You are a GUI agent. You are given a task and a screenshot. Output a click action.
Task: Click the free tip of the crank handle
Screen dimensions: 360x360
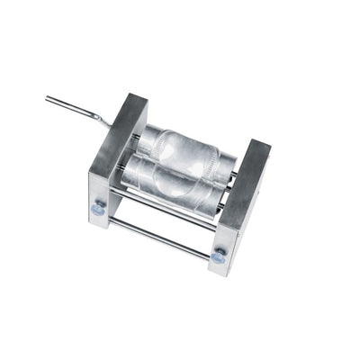tap(49, 98)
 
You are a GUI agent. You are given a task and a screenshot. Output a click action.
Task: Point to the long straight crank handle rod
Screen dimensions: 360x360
tap(76, 107)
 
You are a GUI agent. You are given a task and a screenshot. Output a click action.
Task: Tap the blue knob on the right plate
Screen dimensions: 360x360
tap(218, 257)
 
